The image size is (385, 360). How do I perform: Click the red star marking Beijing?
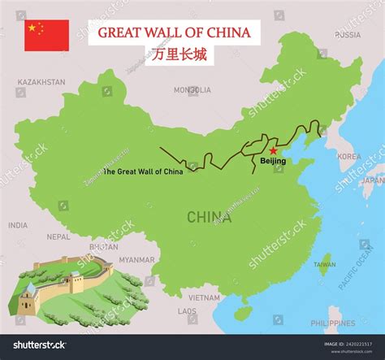[273, 150]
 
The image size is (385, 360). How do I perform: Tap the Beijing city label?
[273, 162]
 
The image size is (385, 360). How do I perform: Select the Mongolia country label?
[192, 90]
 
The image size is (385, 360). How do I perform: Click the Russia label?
[348, 35]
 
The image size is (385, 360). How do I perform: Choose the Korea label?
[349, 156]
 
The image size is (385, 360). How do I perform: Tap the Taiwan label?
[324, 264]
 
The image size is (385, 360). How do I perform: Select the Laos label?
[187, 310]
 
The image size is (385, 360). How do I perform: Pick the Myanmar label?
[136, 260]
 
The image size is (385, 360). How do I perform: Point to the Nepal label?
[58, 237]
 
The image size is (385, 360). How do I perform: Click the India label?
[18, 225]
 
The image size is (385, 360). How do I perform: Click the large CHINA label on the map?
[208, 216]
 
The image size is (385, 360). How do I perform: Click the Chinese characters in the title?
[174, 54]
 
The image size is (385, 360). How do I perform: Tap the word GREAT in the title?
[120, 33]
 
